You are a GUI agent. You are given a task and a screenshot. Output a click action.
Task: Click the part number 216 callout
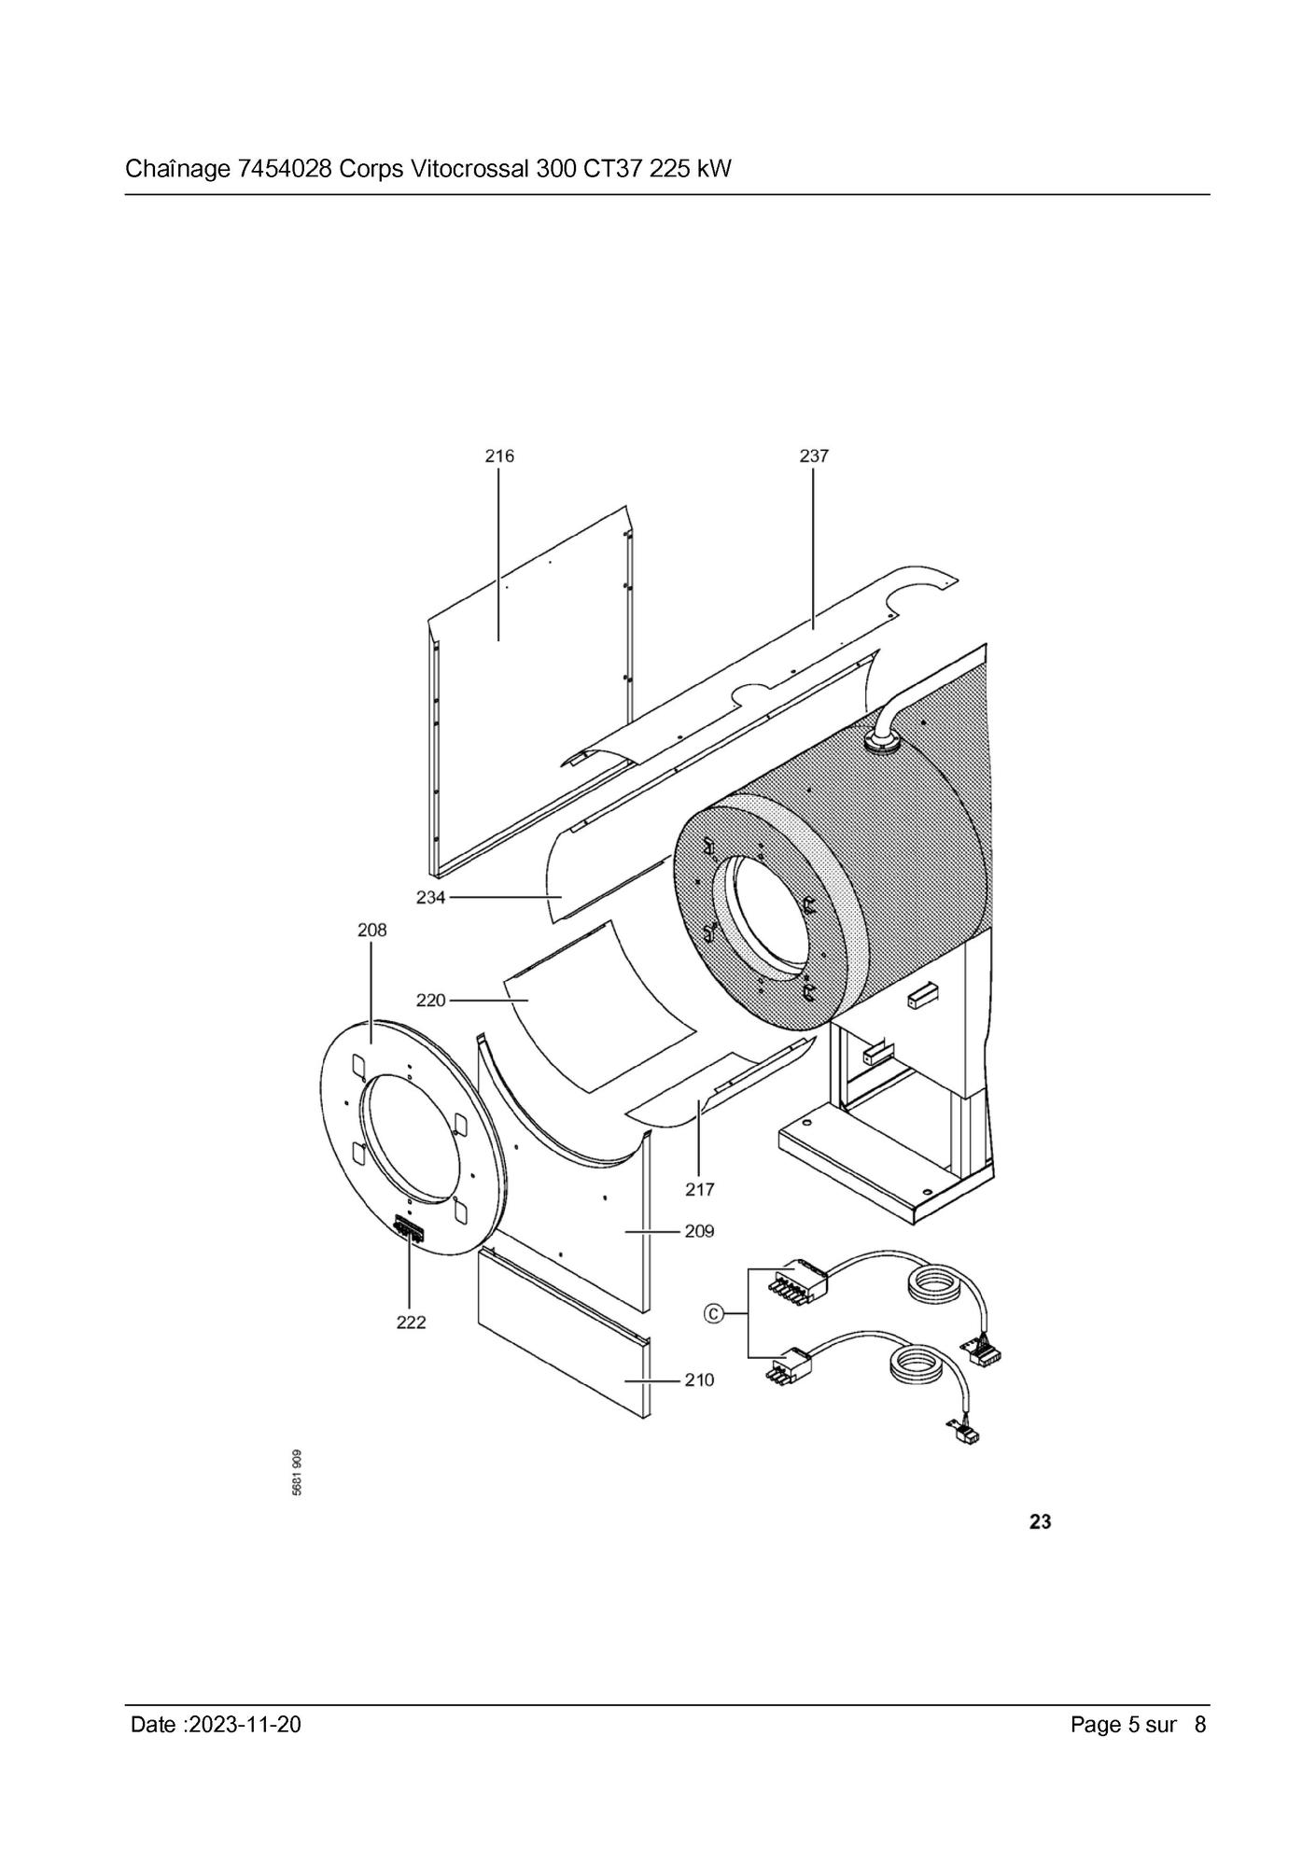[499, 456]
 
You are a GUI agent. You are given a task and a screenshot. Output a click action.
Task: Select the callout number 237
[814, 456]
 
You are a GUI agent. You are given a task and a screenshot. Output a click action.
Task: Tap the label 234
[431, 898]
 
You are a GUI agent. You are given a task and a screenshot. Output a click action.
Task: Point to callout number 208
[371, 931]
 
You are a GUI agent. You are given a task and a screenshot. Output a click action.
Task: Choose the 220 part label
[431, 1001]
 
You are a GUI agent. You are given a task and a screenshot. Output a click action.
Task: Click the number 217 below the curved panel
[699, 1189]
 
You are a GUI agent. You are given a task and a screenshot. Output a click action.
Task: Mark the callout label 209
[699, 1231]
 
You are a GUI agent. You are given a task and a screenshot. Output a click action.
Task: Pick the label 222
[411, 1323]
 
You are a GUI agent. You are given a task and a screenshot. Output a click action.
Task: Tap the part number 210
[699, 1379]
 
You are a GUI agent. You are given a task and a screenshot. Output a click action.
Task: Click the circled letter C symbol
[713, 1314]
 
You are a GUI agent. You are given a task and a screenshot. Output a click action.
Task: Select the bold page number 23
[1040, 1521]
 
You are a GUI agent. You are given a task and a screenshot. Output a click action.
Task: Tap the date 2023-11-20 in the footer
[245, 1725]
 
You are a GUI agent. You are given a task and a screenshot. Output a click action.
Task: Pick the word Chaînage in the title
[177, 170]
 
